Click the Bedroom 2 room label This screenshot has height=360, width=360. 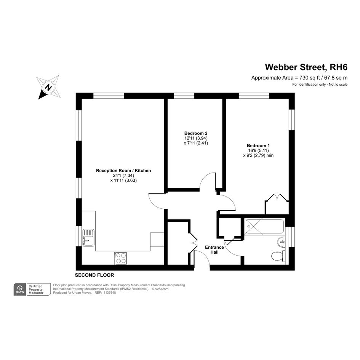pyautogui.click(x=196, y=133)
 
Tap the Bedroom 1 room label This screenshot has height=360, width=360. pyautogui.click(x=258, y=146)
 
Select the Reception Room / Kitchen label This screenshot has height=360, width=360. pyautogui.click(x=123, y=171)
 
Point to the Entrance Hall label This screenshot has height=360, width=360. pyautogui.click(x=214, y=250)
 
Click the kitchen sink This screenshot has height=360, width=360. pyautogui.click(x=88, y=237)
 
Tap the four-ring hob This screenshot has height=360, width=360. pyautogui.click(x=120, y=258)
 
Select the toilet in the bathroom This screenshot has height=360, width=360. pyautogui.click(x=278, y=256)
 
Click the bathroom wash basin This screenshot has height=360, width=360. pyautogui.click(x=281, y=242)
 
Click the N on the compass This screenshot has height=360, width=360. pyautogui.click(x=48, y=88)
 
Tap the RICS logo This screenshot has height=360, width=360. pyautogui.click(x=20, y=289)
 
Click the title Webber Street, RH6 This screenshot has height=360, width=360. pyautogui.click(x=306, y=67)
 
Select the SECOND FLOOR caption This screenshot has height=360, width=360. pyautogui.click(x=94, y=275)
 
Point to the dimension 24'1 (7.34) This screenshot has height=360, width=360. pyautogui.click(x=123, y=175)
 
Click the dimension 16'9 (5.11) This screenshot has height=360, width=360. pyautogui.click(x=258, y=150)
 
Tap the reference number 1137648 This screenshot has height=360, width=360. pyautogui.click(x=110, y=293)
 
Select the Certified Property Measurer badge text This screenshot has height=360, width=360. pyautogui.click(x=36, y=290)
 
